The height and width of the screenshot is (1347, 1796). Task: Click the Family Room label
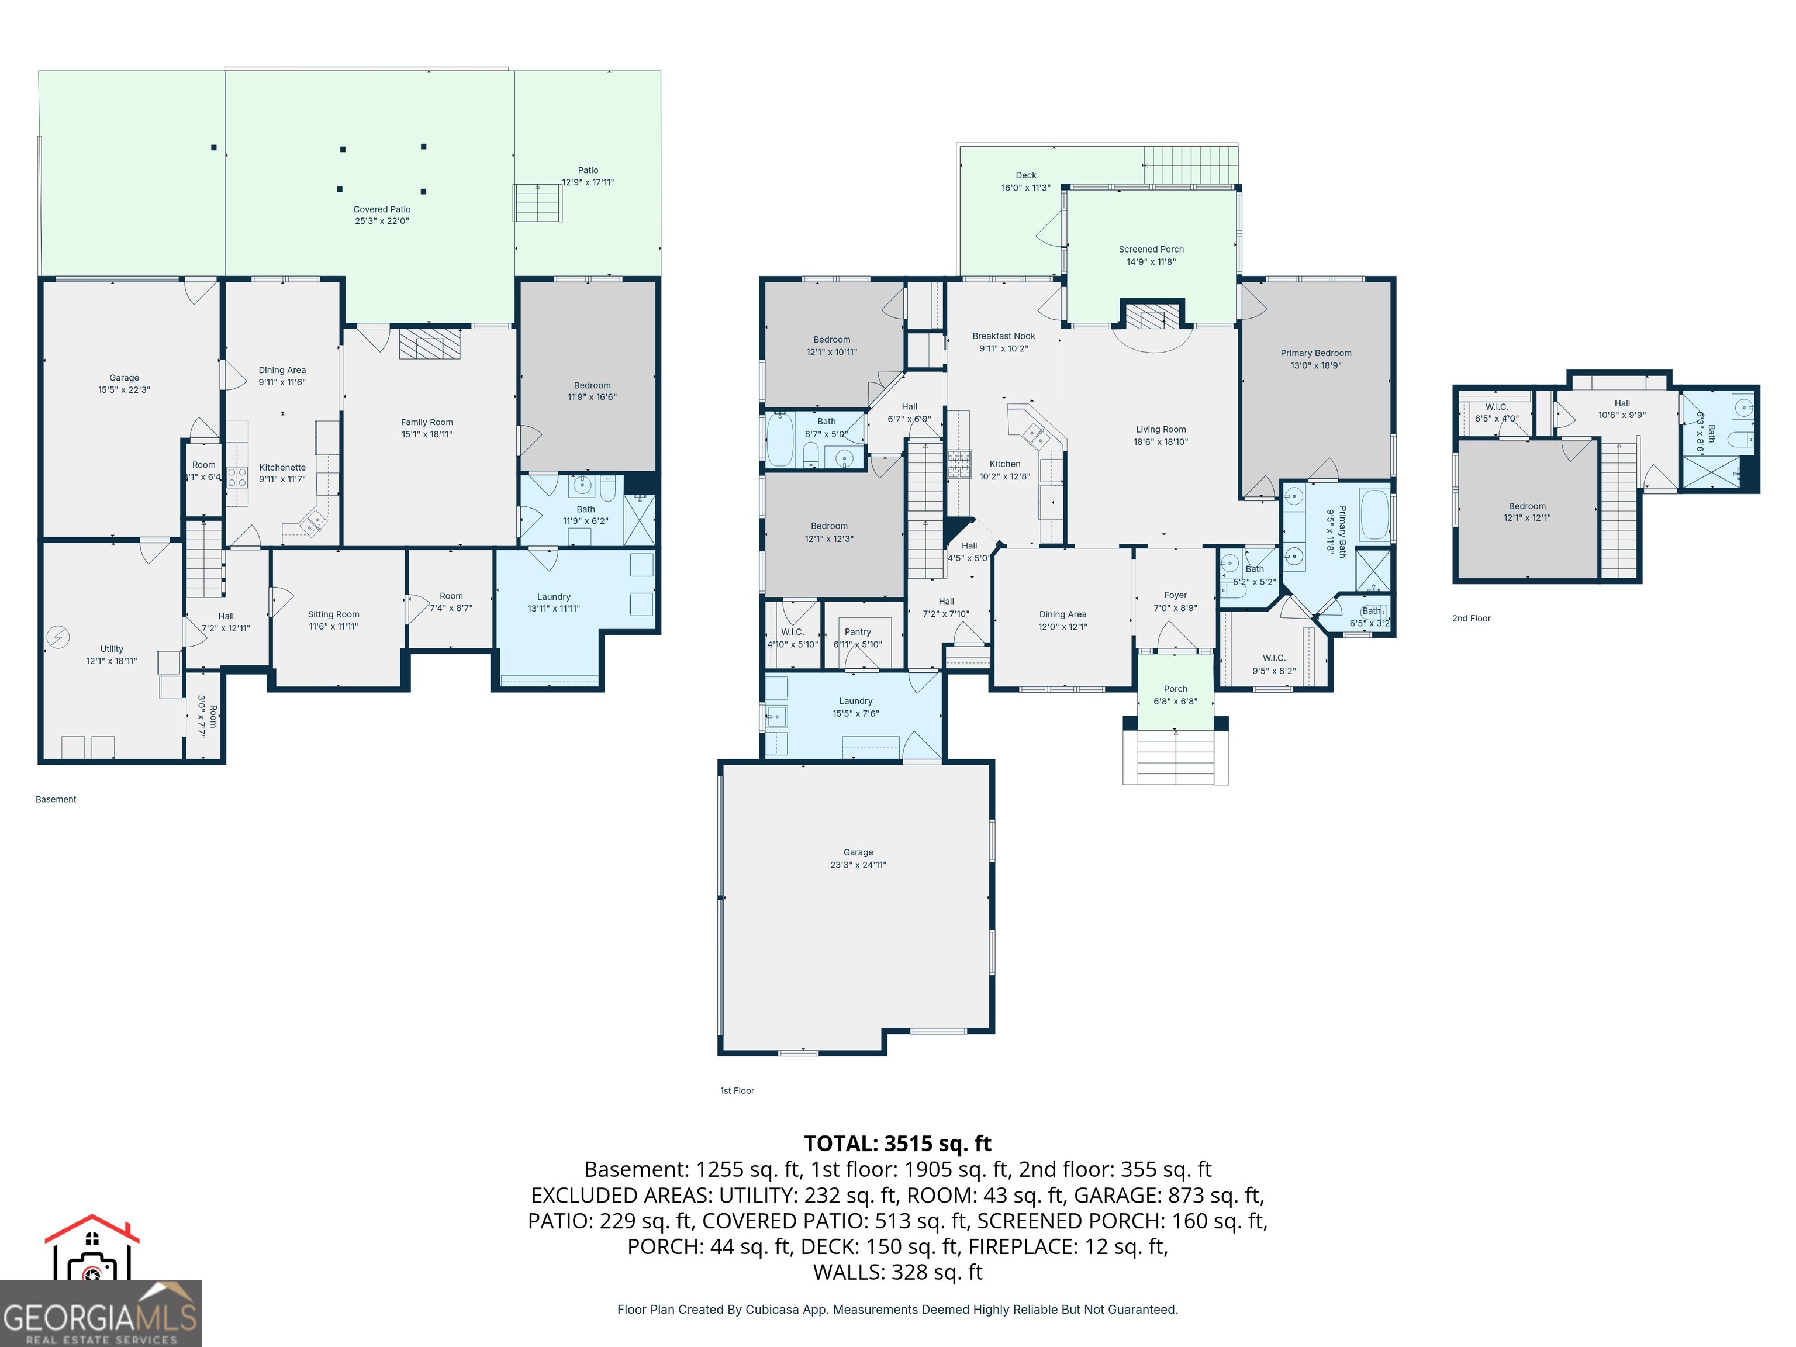[x=426, y=422]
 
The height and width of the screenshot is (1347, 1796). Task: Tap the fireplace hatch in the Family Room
[x=430, y=343]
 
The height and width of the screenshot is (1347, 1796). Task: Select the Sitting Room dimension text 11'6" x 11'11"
[x=333, y=627]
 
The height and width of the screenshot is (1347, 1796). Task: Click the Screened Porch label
[x=1151, y=249]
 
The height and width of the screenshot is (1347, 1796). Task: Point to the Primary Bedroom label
[x=1315, y=353]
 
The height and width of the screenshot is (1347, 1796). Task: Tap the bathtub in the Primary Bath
[x=1374, y=514]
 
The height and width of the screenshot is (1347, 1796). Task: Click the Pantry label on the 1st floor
[x=858, y=631]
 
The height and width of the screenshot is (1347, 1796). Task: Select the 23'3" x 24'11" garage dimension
[x=858, y=865]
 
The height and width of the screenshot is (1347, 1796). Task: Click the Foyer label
[x=1175, y=595]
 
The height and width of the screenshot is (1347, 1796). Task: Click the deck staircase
[x=1190, y=165]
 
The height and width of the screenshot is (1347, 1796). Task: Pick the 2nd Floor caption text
[x=1471, y=619]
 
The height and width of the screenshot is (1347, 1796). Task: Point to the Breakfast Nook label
[x=1004, y=336]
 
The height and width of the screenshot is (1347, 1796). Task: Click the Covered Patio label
[x=382, y=209]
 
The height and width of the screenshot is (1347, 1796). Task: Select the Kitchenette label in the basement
[x=282, y=468]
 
